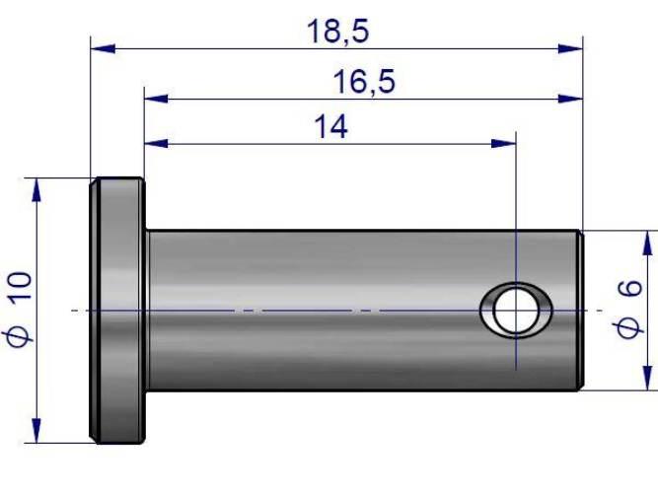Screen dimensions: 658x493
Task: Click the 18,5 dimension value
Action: pyautogui.click(x=337, y=32)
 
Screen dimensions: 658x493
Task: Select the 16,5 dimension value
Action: pyautogui.click(x=364, y=82)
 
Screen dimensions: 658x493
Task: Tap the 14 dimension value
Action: pyautogui.click(x=331, y=127)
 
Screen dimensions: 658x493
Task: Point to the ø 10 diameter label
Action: pyautogui.click(x=19, y=310)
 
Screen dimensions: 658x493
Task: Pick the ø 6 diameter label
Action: pyautogui.click(x=629, y=309)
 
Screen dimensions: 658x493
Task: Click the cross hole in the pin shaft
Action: pyautogui.click(x=516, y=311)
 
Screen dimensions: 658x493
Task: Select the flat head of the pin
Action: pyautogui.click(x=118, y=311)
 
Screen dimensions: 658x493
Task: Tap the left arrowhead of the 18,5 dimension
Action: pyautogui.click(x=103, y=48)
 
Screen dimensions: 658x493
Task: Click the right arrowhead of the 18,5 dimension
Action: pyautogui.click(x=571, y=48)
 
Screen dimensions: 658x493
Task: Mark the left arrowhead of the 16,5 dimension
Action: pyautogui.click(x=156, y=99)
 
